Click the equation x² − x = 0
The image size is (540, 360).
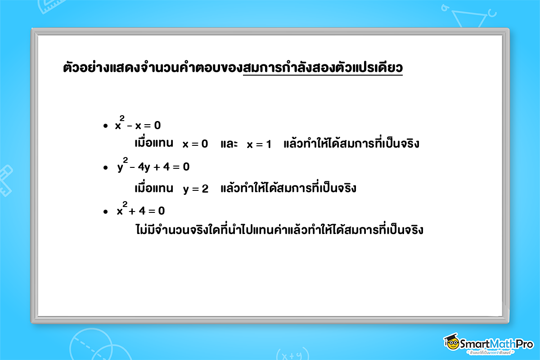(138, 125)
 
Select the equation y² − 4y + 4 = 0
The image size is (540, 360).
(153, 167)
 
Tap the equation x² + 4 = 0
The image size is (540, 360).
(140, 211)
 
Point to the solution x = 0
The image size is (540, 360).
(195, 144)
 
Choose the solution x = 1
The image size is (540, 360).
(259, 144)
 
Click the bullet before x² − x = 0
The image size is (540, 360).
(105, 126)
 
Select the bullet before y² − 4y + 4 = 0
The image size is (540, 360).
(105, 168)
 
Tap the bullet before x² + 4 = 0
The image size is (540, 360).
(105, 211)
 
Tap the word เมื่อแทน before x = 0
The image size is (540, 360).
(154, 144)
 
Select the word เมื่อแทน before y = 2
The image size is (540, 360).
(154, 188)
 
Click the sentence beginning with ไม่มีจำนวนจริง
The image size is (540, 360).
(279, 230)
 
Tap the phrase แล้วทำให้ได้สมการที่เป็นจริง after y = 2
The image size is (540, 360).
(288, 188)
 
